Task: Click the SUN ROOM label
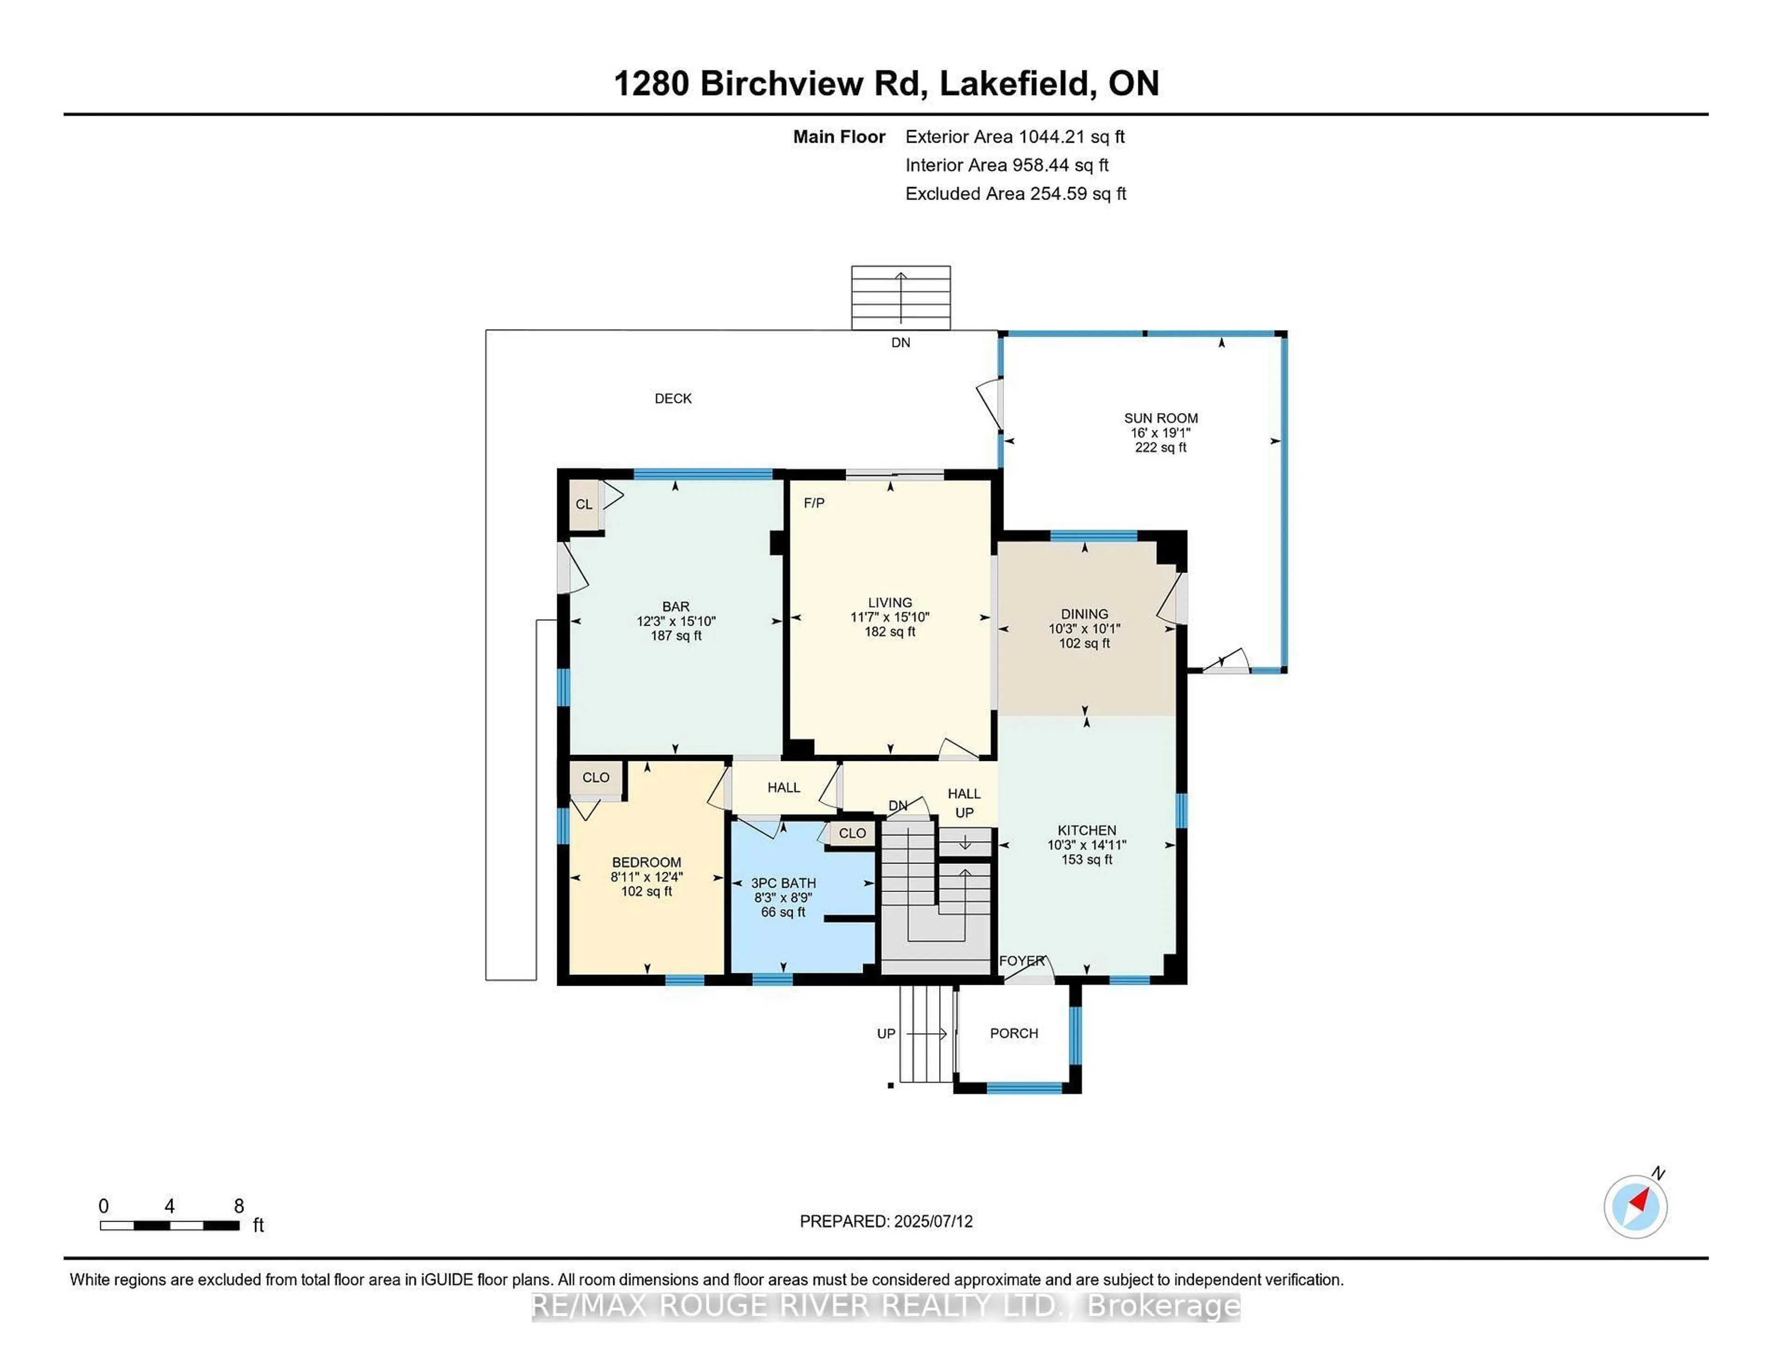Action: (x=1160, y=418)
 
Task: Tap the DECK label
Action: (x=673, y=399)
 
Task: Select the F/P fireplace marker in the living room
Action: (x=814, y=503)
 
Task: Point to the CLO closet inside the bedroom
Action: (x=596, y=777)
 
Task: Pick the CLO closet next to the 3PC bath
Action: (x=852, y=833)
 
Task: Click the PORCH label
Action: (x=1013, y=1033)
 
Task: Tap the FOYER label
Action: (x=1021, y=961)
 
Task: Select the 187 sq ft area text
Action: (x=676, y=635)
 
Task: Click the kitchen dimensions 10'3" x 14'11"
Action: (x=1086, y=845)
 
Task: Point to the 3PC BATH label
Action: (x=783, y=883)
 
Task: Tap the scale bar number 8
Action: (x=239, y=1206)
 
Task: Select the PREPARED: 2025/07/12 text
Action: (x=886, y=1221)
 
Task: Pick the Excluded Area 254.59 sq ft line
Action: (x=1015, y=194)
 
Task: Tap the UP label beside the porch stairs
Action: (x=886, y=1034)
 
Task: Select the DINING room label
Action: (x=1084, y=614)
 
